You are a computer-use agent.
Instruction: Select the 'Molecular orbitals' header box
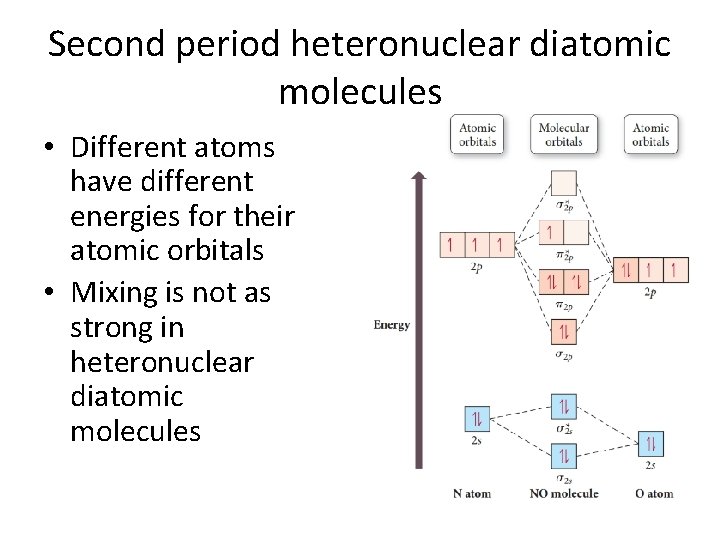pos(564,134)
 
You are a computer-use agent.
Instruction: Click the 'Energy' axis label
pos(391,325)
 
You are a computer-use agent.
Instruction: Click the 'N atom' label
pos(472,493)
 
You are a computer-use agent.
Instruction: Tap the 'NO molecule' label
pos(564,493)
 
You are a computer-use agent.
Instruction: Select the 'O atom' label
pos(654,493)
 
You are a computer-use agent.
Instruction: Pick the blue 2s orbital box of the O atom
pos(651,443)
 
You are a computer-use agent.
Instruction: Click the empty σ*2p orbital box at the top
pos(564,183)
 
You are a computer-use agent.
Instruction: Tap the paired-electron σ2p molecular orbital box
pos(564,330)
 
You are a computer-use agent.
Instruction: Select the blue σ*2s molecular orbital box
pos(564,406)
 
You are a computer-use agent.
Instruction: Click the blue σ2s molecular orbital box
pos(564,456)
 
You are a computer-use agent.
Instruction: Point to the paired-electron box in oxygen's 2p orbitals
pos(625,269)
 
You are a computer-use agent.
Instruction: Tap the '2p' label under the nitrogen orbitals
pos(476,268)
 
